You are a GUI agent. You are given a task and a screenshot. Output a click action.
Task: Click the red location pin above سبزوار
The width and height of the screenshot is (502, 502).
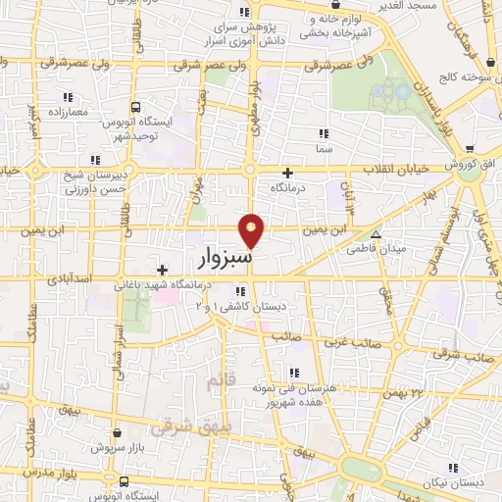[x=253, y=230]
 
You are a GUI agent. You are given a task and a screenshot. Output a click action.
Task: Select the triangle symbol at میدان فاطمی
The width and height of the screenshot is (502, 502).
[x=376, y=234]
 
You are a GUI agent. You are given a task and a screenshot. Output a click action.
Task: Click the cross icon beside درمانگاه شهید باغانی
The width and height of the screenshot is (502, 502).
[x=162, y=269]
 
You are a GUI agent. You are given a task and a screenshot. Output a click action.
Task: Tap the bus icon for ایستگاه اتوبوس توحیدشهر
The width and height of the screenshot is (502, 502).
[x=134, y=107]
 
